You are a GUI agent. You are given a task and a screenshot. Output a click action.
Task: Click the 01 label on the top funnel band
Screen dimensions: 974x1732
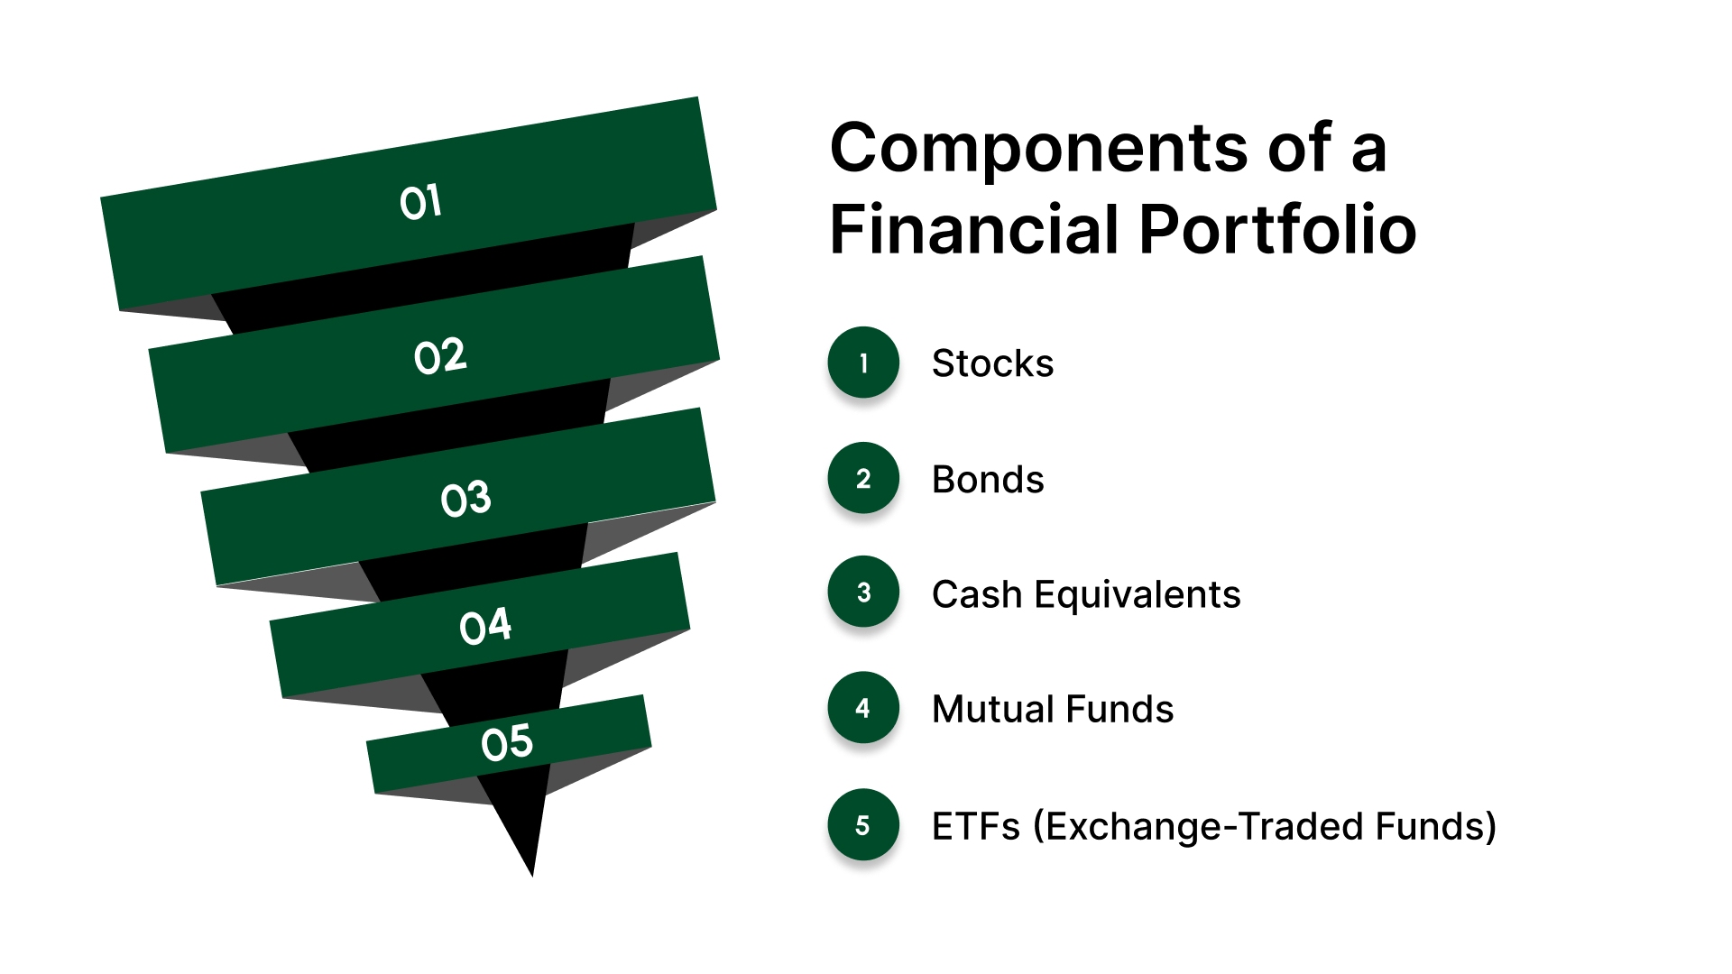[420, 202]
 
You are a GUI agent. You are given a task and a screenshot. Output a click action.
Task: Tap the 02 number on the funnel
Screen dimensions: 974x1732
[440, 357]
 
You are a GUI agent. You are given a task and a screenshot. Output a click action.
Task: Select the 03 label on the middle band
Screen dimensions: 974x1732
[465, 499]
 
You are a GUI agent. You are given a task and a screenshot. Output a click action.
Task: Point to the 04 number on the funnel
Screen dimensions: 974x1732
[485, 626]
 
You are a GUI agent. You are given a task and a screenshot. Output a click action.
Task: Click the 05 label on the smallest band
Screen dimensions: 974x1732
[507, 743]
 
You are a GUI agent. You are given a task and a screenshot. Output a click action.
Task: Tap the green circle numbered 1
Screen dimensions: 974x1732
[863, 363]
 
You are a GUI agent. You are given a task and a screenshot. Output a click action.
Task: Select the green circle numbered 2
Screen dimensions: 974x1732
[863, 478]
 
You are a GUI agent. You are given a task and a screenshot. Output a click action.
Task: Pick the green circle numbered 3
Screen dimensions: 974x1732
[863, 593]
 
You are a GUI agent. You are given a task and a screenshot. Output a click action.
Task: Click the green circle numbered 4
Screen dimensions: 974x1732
[863, 708]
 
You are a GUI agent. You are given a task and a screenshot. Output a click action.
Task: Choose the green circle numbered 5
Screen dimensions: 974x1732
[863, 825]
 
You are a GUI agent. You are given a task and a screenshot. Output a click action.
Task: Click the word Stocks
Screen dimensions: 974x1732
[992, 363]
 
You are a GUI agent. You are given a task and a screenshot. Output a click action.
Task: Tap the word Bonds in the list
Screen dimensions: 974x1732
[988, 480]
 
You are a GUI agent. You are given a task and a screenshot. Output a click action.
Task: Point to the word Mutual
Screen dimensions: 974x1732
[982, 710]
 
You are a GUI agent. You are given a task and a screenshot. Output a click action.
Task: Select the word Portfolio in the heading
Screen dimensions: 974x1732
[1277, 230]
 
